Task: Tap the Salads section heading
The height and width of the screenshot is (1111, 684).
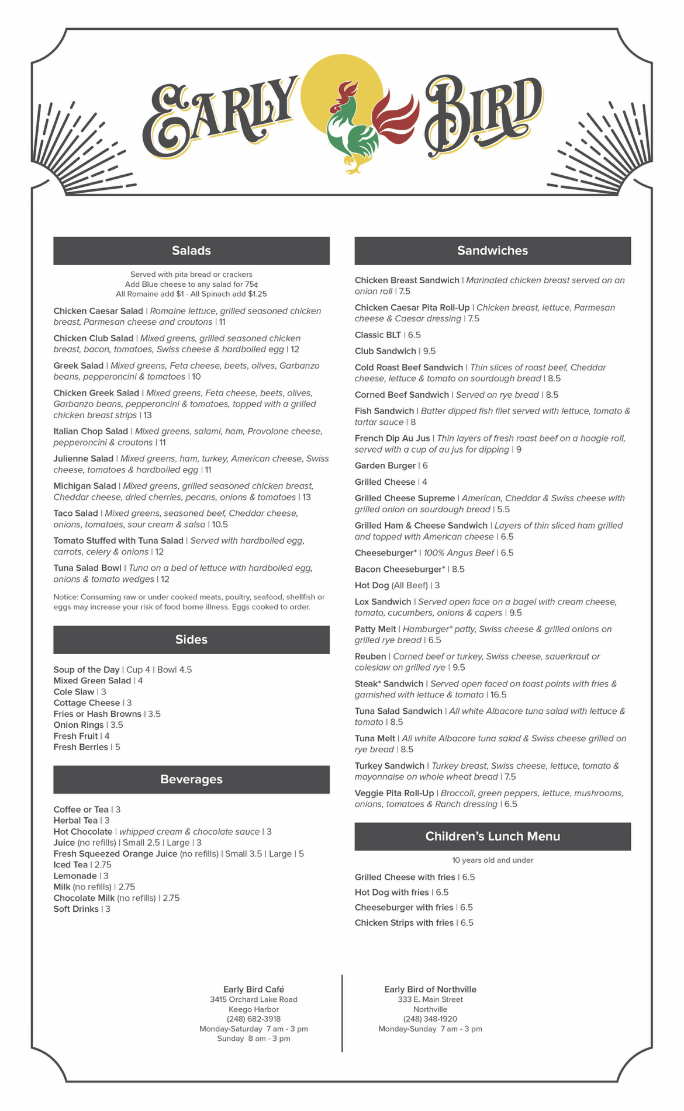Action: coord(191,251)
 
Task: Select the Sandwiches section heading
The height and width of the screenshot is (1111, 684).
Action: coord(492,251)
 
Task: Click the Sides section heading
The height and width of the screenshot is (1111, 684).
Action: coord(191,640)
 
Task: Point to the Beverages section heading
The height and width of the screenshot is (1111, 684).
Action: coord(191,779)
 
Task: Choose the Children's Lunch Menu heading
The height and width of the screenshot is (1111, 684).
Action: coord(492,836)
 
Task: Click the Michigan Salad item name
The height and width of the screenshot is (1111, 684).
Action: coord(85,486)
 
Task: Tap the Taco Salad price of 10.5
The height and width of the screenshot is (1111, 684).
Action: coord(220,525)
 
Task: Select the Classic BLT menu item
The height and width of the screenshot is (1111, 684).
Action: coord(378,335)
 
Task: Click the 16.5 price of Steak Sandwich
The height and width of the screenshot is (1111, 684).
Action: coord(499,695)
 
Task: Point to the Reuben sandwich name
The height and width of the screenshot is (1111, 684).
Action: coord(370,657)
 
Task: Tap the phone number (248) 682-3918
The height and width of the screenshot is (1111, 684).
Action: coord(254,1019)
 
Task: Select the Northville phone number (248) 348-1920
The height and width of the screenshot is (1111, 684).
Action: coord(430,1019)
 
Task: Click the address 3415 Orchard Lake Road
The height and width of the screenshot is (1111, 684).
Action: coord(254,999)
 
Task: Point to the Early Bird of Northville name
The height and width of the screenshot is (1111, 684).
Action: coord(430,990)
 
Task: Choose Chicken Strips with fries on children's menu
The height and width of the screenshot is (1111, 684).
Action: coord(404,923)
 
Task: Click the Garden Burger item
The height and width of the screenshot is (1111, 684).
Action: coord(385,466)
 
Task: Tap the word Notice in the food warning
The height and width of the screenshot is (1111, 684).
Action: coord(65,597)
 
